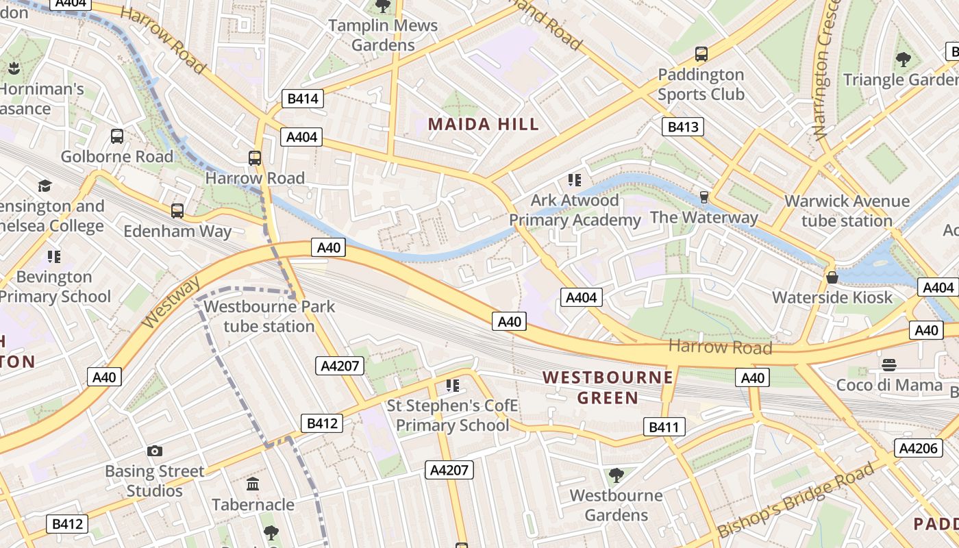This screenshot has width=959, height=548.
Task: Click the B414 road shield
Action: (x=303, y=99)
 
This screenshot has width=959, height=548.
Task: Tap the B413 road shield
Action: (x=683, y=126)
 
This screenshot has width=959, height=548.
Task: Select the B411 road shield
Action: (x=664, y=427)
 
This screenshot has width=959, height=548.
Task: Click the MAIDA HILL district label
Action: (x=484, y=124)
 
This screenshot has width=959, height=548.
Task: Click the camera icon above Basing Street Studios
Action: (x=155, y=451)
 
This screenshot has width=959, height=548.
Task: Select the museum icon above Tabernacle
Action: (x=253, y=484)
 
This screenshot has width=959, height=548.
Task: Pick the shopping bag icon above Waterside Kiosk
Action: (x=832, y=277)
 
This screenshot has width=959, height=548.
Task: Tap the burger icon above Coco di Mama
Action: (x=889, y=364)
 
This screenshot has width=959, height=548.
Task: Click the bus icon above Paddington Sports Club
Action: (x=701, y=53)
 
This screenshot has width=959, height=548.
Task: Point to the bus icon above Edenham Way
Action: (x=177, y=210)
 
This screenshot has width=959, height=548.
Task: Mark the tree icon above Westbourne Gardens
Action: (x=616, y=475)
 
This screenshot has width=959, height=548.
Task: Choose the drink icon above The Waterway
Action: (x=703, y=197)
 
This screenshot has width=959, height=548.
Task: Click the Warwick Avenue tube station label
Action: (x=847, y=211)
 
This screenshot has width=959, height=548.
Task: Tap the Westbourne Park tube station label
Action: (x=269, y=316)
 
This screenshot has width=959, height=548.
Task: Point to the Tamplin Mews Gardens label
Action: (x=383, y=35)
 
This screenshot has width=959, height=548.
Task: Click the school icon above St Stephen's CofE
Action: (x=452, y=386)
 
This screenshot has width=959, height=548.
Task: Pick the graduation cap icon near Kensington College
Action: (x=45, y=186)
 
